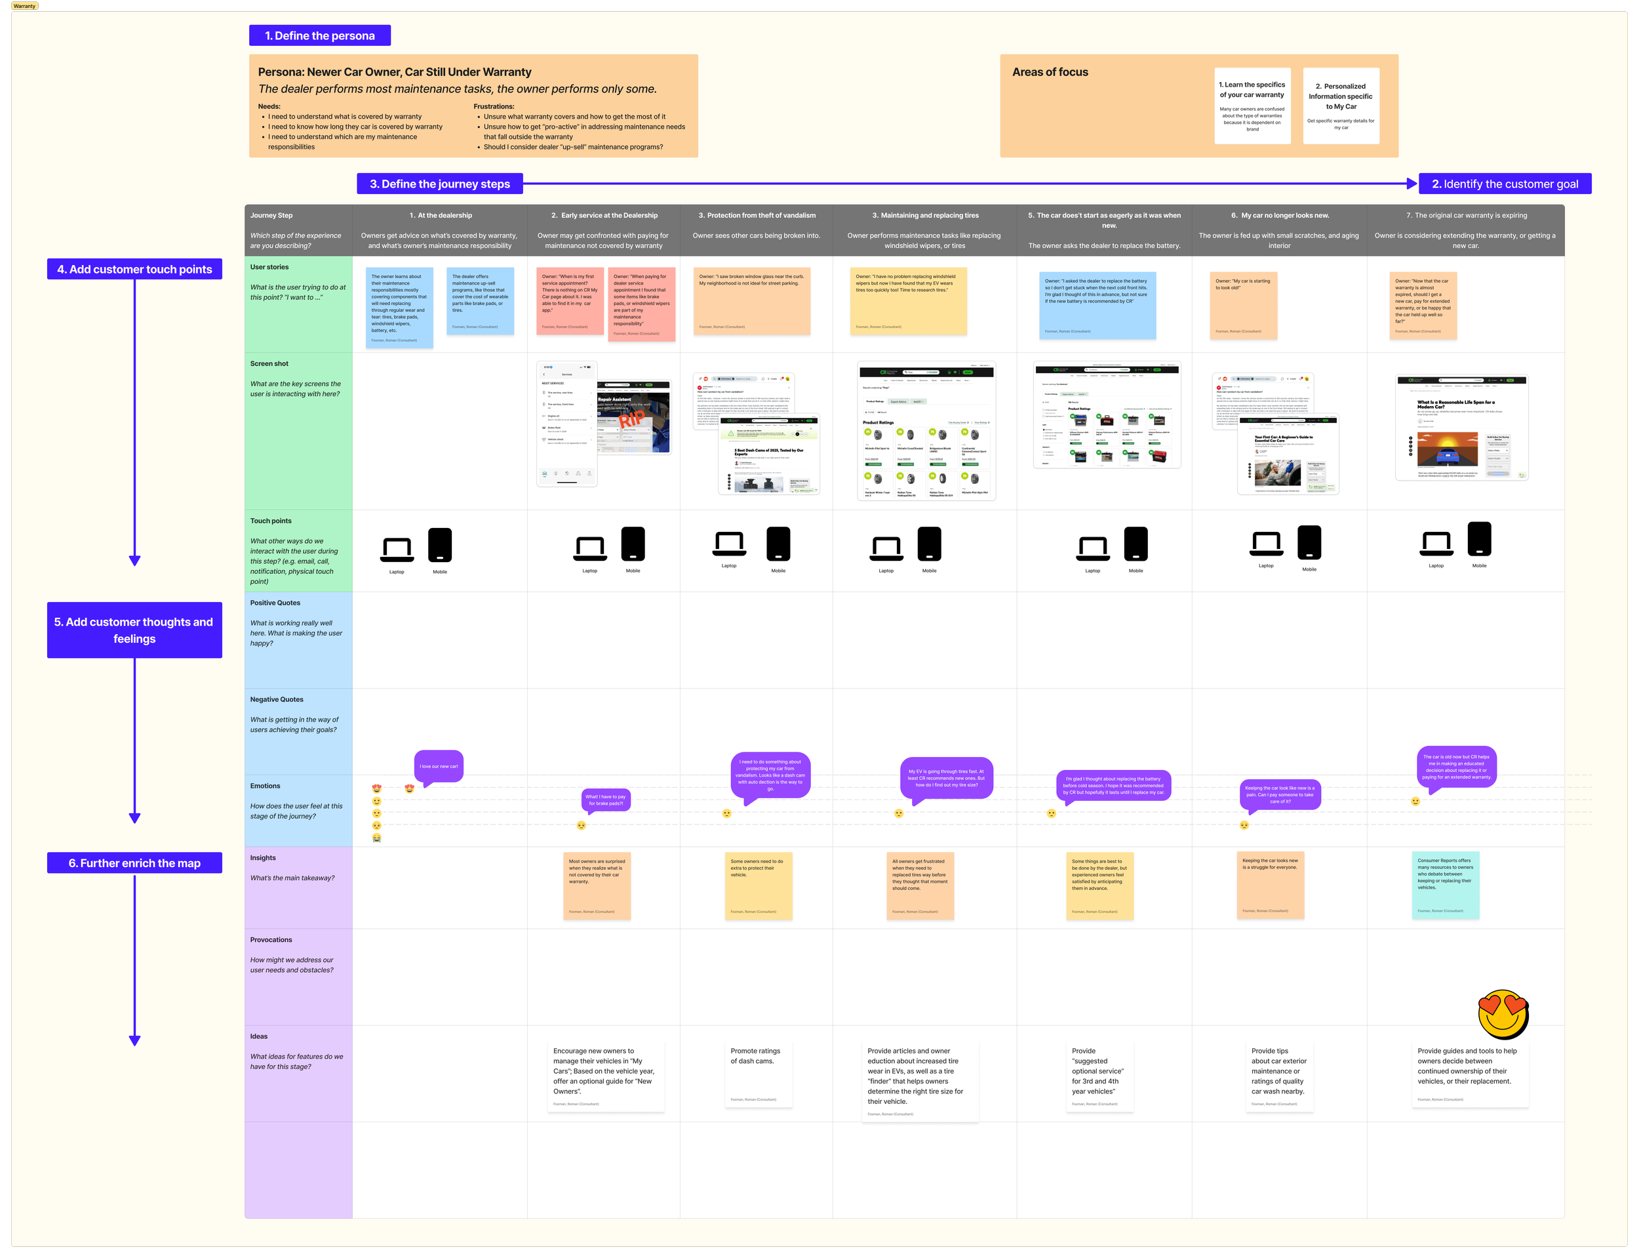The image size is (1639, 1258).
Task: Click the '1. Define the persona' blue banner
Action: tap(319, 35)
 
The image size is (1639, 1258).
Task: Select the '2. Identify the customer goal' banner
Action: tap(1505, 184)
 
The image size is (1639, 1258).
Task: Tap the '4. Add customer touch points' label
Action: tap(134, 269)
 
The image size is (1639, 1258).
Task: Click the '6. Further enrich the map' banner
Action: tap(134, 862)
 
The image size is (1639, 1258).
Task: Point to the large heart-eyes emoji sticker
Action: tap(1503, 1015)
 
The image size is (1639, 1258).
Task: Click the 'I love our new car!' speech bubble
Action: tap(439, 766)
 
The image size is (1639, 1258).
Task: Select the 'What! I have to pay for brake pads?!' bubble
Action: tap(606, 800)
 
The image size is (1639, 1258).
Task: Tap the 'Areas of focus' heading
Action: tap(1050, 72)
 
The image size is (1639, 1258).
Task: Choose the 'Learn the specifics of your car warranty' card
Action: tap(1252, 106)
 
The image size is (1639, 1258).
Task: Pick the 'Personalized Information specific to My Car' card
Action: tap(1341, 106)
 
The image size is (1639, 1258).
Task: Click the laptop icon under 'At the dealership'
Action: tap(397, 550)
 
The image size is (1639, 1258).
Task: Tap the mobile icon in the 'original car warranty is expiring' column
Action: tap(1479, 540)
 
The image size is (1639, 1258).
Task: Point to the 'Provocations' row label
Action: tap(271, 940)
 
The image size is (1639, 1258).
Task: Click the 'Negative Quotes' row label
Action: tap(276, 699)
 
